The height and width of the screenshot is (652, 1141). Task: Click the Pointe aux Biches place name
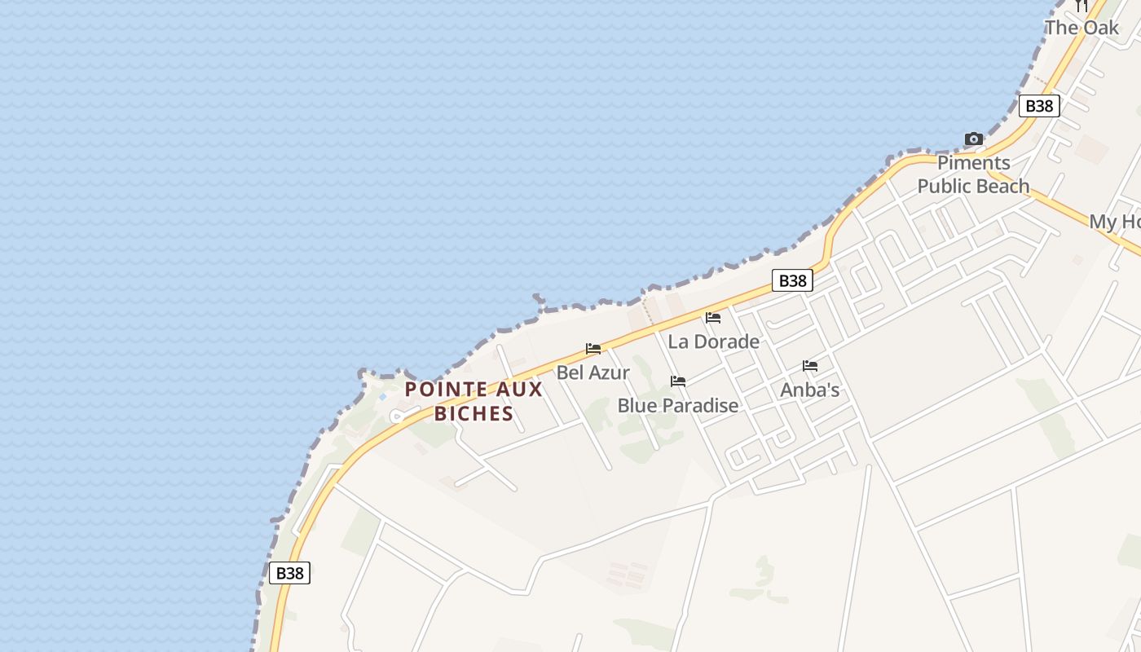tap(474, 401)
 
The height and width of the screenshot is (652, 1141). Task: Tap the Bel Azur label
tap(593, 372)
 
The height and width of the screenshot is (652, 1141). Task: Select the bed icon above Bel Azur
tap(593, 349)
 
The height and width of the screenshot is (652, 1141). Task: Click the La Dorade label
tap(713, 341)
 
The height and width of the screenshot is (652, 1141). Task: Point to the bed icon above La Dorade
tap(713, 318)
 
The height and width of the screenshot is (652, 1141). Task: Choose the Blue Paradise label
tap(677, 405)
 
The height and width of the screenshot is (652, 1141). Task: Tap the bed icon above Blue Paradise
tap(678, 381)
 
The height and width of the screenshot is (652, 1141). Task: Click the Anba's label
tap(809, 390)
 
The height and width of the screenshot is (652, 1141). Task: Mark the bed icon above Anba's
tap(810, 366)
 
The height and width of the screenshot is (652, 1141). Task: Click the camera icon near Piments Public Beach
tap(973, 139)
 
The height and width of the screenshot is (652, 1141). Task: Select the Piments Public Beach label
tap(973, 174)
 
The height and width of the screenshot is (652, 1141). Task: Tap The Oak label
tap(1082, 28)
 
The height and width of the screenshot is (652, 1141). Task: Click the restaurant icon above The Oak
tap(1082, 6)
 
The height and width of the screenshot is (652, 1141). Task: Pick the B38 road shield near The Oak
tap(1039, 106)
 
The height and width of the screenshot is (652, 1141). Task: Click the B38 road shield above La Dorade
tap(792, 281)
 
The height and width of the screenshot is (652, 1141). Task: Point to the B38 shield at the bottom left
tap(289, 573)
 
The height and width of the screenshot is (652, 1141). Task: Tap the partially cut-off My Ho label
tap(1114, 222)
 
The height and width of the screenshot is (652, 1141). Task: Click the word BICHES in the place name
tap(474, 413)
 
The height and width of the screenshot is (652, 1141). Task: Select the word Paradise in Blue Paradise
tap(700, 405)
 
